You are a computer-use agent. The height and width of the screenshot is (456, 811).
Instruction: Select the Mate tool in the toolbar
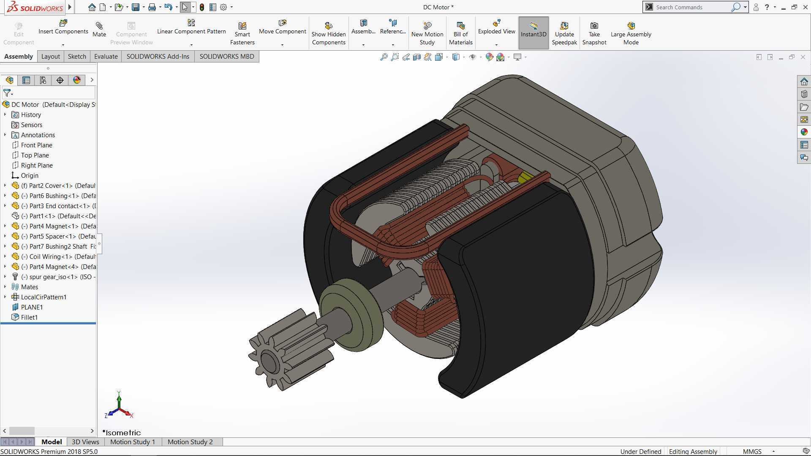(99, 30)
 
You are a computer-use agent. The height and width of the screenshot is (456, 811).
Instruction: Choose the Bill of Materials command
(461, 33)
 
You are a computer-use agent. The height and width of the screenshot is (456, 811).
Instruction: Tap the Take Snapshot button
(594, 33)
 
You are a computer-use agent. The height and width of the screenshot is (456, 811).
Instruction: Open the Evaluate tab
(106, 57)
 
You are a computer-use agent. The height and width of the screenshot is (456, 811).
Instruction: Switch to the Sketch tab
(77, 57)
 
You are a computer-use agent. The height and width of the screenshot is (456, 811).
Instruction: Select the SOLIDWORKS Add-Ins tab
(158, 57)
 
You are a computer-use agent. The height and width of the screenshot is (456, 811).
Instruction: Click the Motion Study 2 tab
(190, 442)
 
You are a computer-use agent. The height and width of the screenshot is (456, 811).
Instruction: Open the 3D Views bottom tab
(85, 442)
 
